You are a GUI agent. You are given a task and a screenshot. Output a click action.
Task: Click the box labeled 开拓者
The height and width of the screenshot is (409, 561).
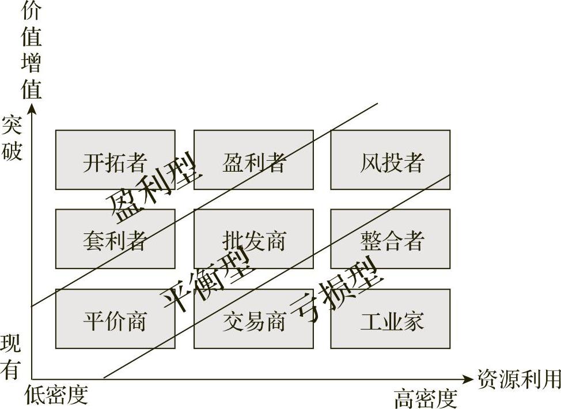pos(115,160)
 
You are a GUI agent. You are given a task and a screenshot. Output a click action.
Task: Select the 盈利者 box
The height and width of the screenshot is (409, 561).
pos(253,160)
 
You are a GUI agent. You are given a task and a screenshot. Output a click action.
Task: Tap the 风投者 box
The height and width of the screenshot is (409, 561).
pos(391,160)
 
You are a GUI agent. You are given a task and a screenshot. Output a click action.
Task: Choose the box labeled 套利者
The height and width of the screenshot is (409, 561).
pos(115,238)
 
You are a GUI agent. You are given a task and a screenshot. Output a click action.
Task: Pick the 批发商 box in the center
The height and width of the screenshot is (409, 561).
pos(253,238)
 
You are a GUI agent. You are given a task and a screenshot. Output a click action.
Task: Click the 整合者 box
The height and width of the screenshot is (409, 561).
pos(391,238)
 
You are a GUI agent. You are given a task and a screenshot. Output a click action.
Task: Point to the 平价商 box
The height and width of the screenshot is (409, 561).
pos(115,319)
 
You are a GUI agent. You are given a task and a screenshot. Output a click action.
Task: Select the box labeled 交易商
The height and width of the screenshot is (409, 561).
pos(253,319)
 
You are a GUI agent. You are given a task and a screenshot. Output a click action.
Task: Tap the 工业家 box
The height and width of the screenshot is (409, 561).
pos(391,319)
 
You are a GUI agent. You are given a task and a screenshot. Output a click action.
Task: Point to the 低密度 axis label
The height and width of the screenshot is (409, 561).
pos(56,395)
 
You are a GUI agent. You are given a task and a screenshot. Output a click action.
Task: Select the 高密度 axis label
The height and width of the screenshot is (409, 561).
pos(425,397)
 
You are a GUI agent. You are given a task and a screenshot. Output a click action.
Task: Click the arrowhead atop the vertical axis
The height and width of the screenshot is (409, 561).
pos(32,108)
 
